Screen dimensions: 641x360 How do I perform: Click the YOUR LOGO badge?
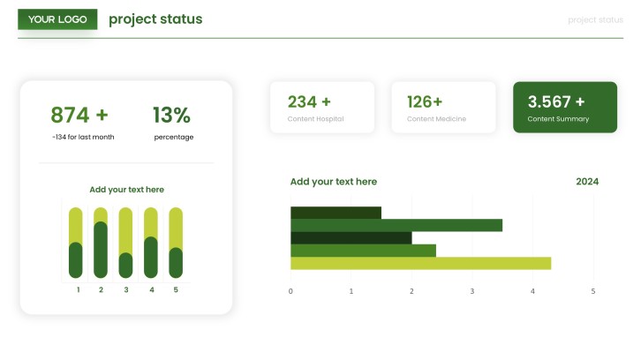pyautogui.click(x=57, y=19)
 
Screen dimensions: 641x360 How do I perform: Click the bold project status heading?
pyautogui.click(x=155, y=19)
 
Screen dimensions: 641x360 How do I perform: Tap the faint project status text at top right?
pyautogui.click(x=595, y=20)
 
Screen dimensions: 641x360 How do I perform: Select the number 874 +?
pyautogui.click(x=79, y=115)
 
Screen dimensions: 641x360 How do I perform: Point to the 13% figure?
pyautogui.click(x=171, y=115)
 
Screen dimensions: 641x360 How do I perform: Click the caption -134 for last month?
pyautogui.click(x=83, y=137)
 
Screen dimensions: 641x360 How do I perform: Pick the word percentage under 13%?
pyautogui.click(x=174, y=138)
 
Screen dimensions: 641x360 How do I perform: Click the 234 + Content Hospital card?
pyautogui.click(x=322, y=108)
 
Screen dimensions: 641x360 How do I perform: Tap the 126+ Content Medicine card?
pyautogui.click(x=443, y=108)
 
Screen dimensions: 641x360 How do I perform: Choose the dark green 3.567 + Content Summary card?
pyautogui.click(x=565, y=107)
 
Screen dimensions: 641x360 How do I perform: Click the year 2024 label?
pyautogui.click(x=587, y=182)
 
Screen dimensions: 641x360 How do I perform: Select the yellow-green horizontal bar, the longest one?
pyautogui.click(x=420, y=263)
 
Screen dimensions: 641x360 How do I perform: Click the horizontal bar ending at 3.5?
pyautogui.click(x=396, y=225)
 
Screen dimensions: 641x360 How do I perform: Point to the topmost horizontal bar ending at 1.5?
pyautogui.click(x=336, y=213)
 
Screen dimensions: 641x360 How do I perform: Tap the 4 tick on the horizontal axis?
pyautogui.click(x=532, y=291)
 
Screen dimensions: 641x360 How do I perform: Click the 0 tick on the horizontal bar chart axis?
pyautogui.click(x=290, y=291)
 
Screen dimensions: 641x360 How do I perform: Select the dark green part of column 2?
pyautogui.click(x=101, y=250)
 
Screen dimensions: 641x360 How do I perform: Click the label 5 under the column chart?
pyautogui.click(x=176, y=289)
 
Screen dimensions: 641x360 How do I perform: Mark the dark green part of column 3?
pyautogui.click(x=125, y=266)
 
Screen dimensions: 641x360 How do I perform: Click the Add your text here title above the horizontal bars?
pyautogui.click(x=334, y=182)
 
